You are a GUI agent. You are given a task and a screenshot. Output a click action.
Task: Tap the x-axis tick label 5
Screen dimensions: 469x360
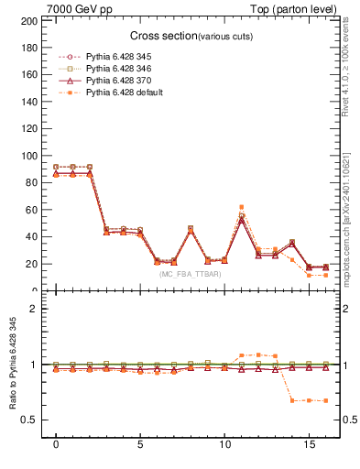click(x=140, y=445)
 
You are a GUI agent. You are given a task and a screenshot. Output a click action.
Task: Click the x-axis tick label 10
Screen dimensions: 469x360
click(x=224, y=445)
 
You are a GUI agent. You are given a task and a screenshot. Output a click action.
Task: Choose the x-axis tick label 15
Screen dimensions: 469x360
click(x=309, y=445)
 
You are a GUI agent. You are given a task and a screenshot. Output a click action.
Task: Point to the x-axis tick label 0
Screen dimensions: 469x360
click(x=56, y=445)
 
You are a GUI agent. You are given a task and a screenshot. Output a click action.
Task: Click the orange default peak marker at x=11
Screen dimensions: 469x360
click(x=241, y=207)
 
